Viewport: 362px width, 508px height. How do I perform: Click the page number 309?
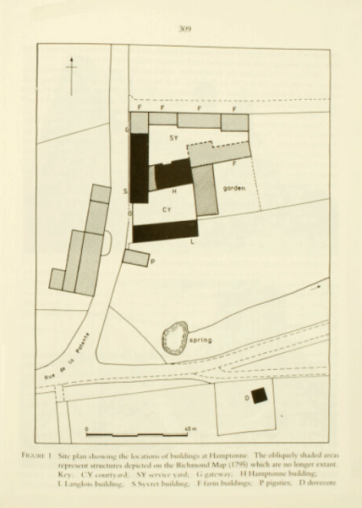click(x=185, y=29)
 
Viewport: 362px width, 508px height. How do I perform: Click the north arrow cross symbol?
click(x=74, y=69)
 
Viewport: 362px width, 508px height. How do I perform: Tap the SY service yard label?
click(x=173, y=137)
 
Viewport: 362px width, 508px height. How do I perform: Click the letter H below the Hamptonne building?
click(x=173, y=192)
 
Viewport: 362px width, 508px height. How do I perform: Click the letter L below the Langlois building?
click(x=193, y=243)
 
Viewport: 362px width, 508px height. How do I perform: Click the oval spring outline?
click(x=177, y=338)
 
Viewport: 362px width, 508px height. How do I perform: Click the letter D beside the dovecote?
click(x=247, y=397)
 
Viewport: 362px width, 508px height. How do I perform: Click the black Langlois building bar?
click(x=165, y=229)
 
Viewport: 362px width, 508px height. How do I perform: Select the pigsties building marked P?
click(x=135, y=257)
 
